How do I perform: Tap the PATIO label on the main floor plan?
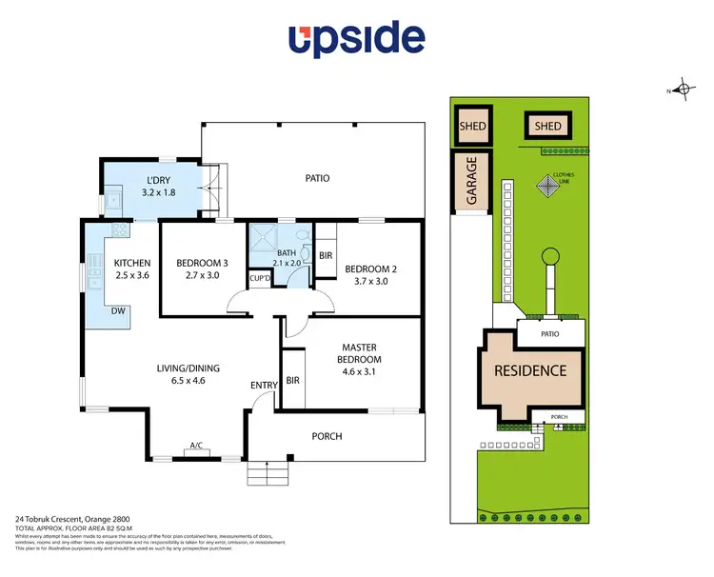(x=317, y=177)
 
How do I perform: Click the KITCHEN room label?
(x=132, y=263)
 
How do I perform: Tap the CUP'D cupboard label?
(x=259, y=278)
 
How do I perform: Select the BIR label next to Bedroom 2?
(x=326, y=255)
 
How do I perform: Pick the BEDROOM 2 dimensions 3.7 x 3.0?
(x=370, y=282)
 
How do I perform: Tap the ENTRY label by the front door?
(x=264, y=385)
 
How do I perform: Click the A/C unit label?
(x=196, y=445)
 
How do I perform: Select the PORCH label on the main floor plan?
(x=327, y=436)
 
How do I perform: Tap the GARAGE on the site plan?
(x=470, y=180)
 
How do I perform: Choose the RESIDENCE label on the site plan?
(x=529, y=370)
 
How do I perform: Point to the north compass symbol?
(x=682, y=90)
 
